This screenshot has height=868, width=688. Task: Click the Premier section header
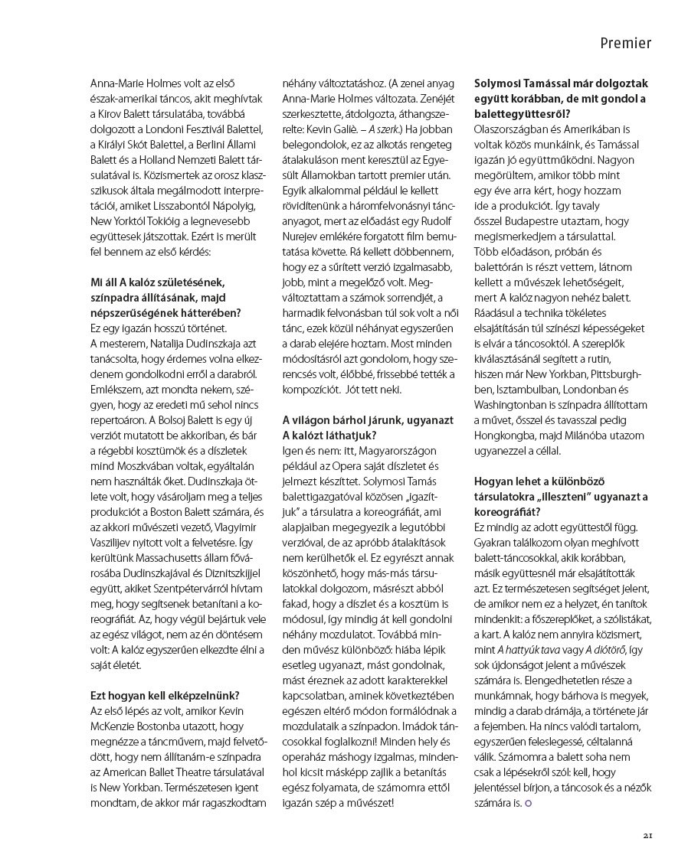point(625,44)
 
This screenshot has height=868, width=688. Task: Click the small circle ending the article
point(528,803)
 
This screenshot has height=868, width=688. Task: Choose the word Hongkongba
point(507,436)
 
